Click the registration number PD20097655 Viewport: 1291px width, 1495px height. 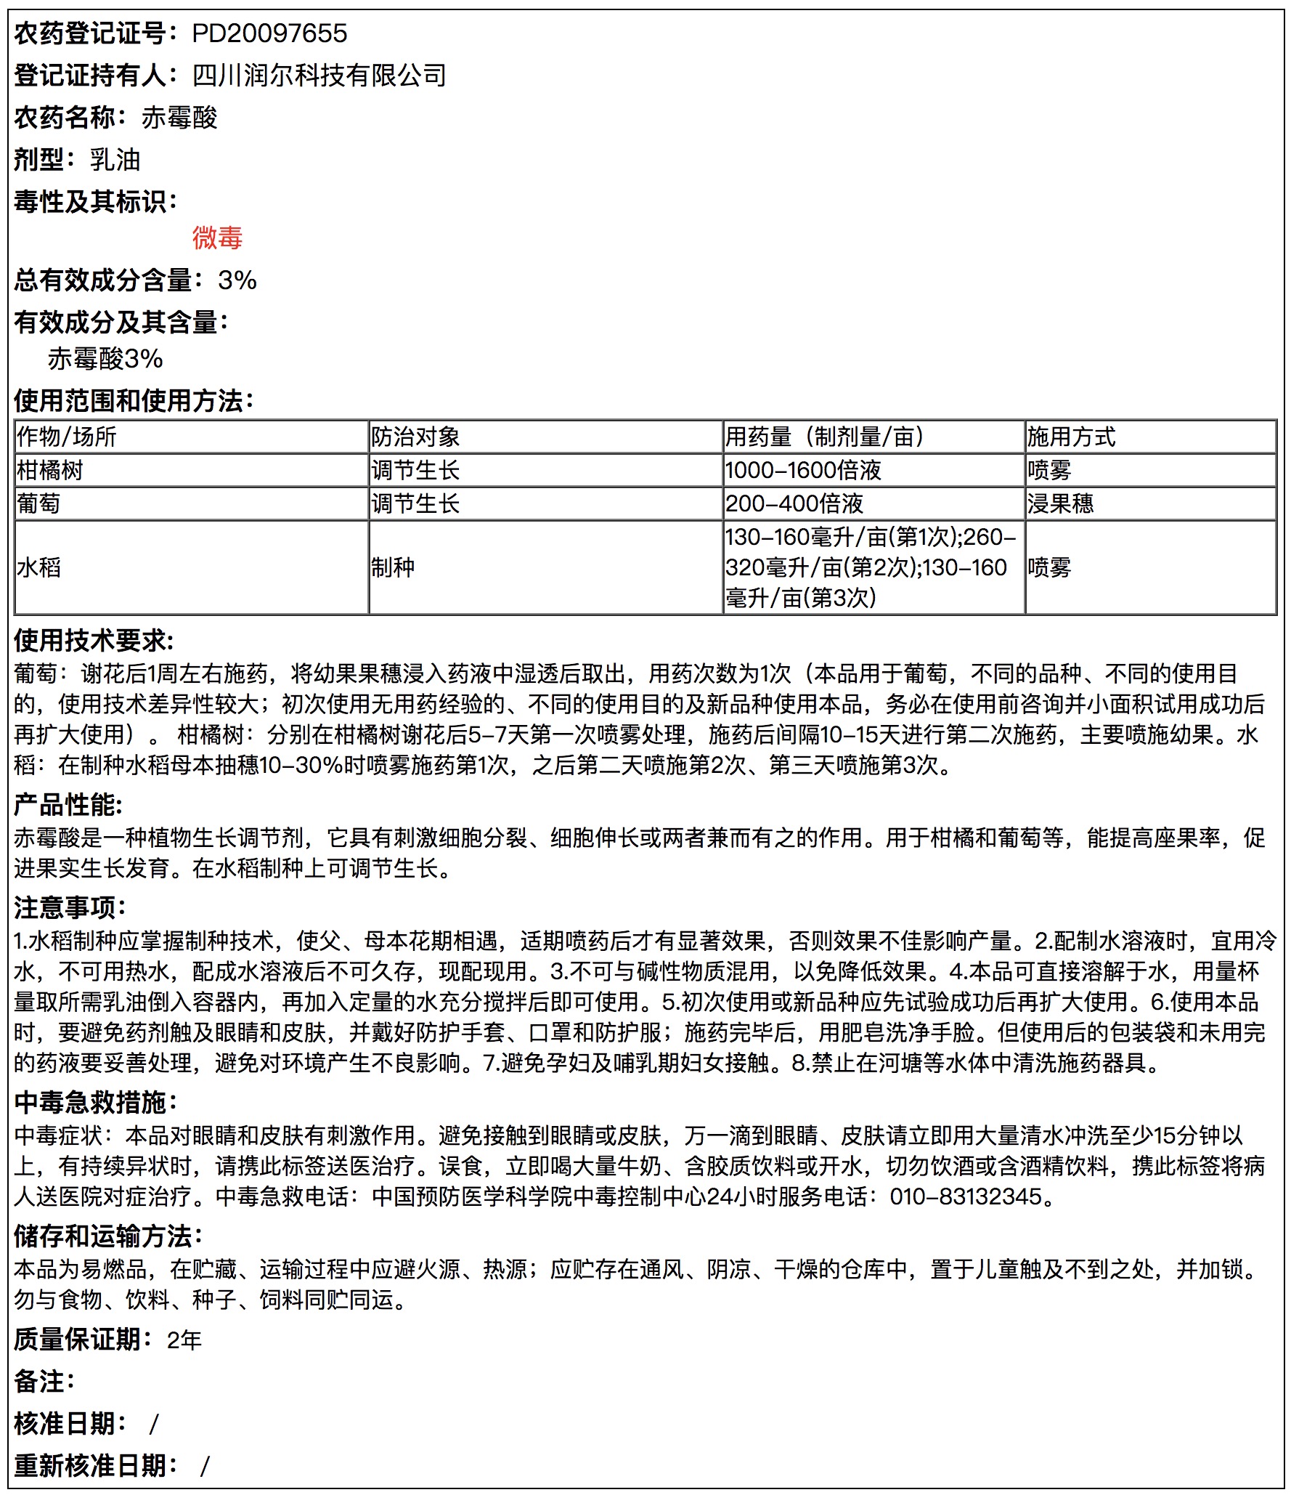pos(269,33)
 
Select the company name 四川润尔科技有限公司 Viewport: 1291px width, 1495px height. pos(319,76)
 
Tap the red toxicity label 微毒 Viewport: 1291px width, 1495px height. pos(217,238)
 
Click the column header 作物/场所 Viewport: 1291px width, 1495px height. pos(67,437)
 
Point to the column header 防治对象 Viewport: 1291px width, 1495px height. pos(415,437)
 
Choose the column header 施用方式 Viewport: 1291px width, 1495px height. pos(1071,437)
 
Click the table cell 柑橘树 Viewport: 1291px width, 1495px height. pos(50,470)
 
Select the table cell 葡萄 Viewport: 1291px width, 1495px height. pos(38,503)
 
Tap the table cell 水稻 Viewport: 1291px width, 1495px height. pos(38,567)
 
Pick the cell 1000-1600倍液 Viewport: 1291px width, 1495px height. pos(803,470)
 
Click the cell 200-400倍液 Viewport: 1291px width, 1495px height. pos(794,503)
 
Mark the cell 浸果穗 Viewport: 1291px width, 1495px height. pos(1060,503)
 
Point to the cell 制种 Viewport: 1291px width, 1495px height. pos(393,567)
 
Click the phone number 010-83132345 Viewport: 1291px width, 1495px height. pos(966,1196)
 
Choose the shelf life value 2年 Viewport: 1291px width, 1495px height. pos(184,1340)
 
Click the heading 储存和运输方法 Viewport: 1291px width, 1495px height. pos(107,1236)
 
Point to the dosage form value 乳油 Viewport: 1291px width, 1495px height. pos(115,160)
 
